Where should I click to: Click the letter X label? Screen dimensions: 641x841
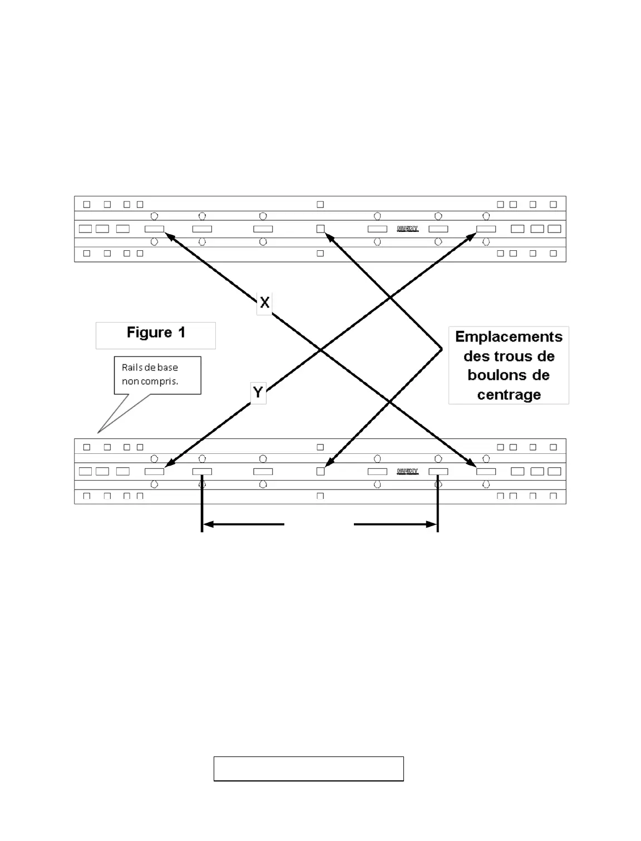[265, 303]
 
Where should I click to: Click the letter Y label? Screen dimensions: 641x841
[258, 393]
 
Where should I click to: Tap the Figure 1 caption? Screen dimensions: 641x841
[156, 333]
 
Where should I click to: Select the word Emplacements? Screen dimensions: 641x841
[509, 337]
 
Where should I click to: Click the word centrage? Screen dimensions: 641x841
[509, 395]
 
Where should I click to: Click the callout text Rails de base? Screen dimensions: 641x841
[150, 368]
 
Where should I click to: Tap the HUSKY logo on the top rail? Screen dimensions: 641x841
[407, 229]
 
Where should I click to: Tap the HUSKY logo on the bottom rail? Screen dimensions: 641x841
[407, 472]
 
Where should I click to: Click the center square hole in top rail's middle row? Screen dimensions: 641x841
[320, 229]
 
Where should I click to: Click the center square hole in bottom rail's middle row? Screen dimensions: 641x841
[320, 471]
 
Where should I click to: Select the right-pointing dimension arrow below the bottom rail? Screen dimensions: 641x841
[395, 524]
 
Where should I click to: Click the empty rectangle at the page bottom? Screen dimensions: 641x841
[309, 769]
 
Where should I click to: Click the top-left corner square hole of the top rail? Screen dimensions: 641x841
[87, 205]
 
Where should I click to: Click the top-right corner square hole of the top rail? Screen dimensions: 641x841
[553, 205]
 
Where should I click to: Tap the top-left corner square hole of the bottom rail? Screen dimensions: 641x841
[87, 447]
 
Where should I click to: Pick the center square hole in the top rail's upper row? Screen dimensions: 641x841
[320, 205]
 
